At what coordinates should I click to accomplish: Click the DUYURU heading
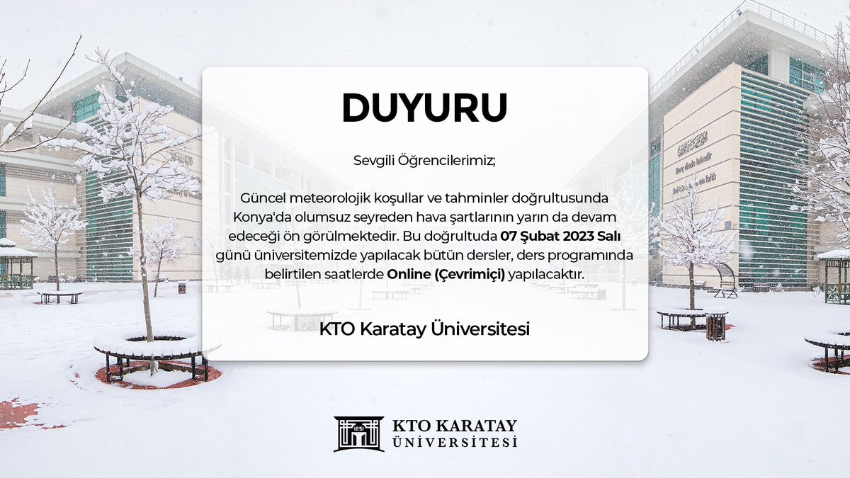point(425,108)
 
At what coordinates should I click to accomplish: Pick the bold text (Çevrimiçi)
point(468,274)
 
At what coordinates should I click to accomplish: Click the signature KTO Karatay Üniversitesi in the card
point(425,329)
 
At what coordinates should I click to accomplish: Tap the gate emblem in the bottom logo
point(358,433)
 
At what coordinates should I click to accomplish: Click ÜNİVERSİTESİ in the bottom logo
point(454,443)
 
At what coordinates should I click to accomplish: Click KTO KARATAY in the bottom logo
point(454,426)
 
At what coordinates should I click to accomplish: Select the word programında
point(574,254)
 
